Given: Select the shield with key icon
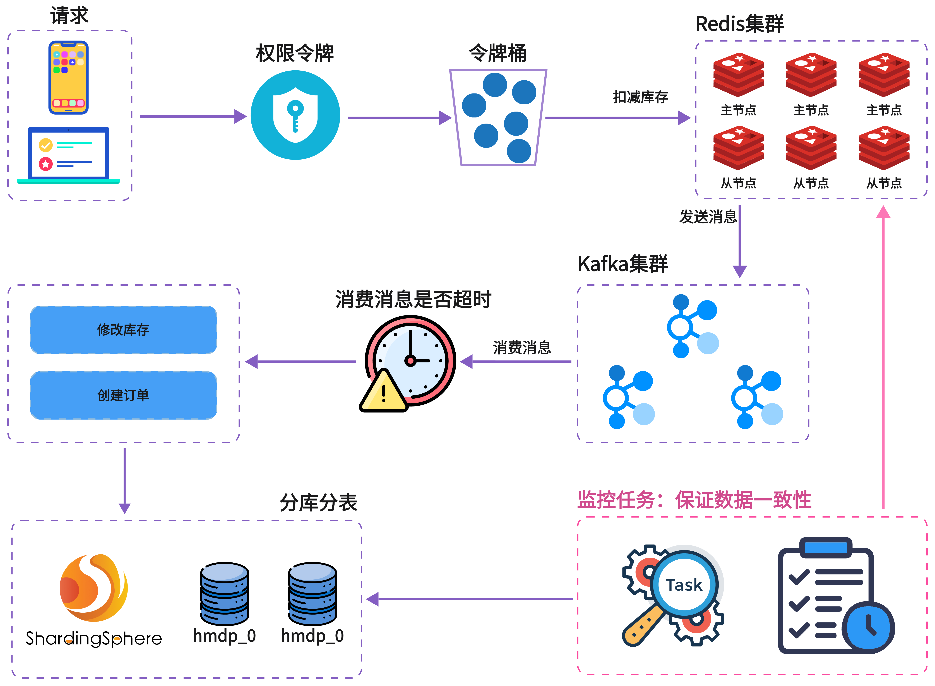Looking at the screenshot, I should [295, 115].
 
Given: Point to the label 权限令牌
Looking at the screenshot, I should [294, 53].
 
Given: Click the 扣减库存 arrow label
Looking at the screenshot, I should [640, 97].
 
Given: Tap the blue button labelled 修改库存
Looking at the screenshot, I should [123, 330].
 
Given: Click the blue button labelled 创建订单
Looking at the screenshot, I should [123, 395].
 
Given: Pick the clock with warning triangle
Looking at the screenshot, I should [410, 360].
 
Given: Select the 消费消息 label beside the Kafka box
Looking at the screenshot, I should [522, 348].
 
